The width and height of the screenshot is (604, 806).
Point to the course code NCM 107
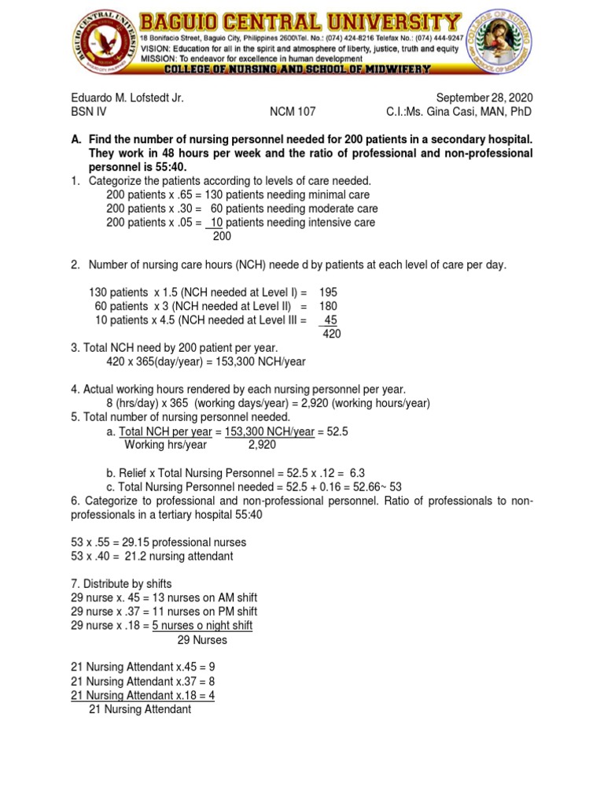[293, 113]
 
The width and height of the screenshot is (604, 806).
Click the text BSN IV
[88, 113]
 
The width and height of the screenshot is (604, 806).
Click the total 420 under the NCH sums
[332, 334]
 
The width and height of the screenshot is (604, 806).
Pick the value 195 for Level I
[328, 292]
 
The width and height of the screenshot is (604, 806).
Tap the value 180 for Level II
[328, 305]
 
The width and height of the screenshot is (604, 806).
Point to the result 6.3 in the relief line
[356, 473]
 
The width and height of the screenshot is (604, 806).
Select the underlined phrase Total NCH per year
[165, 431]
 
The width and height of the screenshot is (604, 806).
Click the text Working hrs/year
[166, 445]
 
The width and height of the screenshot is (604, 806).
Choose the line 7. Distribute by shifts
[121, 583]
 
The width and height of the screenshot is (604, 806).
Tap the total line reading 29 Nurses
[202, 640]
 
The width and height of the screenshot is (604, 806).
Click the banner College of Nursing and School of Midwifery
[297, 69]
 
